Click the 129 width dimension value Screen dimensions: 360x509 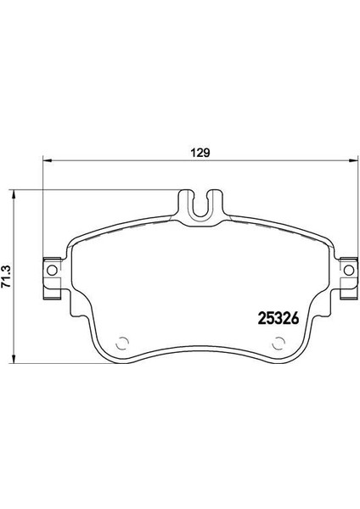point(200,153)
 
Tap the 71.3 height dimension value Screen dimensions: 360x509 point(7,277)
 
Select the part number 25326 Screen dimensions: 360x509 point(278,318)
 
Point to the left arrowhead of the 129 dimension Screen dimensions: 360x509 point(48,160)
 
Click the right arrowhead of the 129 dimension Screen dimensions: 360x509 point(353,160)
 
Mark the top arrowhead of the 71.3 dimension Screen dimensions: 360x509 point(14,195)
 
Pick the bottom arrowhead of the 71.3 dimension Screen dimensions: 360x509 point(14,358)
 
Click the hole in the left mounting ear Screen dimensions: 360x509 point(52,270)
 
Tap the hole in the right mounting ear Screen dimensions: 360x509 point(349,270)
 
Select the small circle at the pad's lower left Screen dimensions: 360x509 point(122,343)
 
